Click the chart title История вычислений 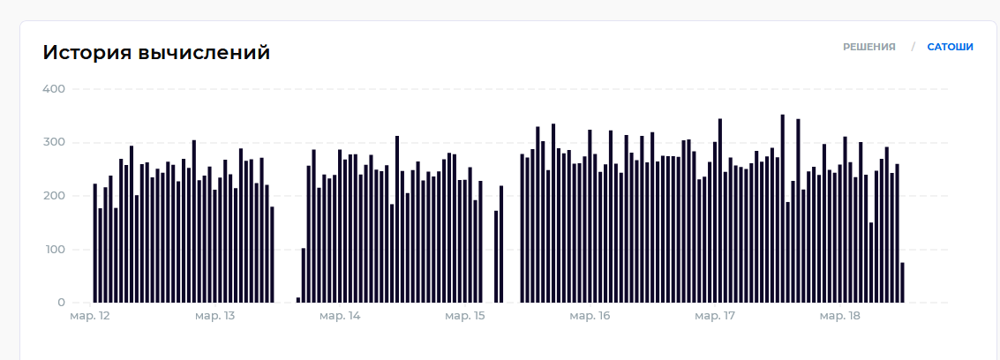pyautogui.click(x=156, y=53)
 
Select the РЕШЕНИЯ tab pyautogui.click(x=868, y=47)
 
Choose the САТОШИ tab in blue pyautogui.click(x=950, y=47)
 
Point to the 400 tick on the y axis pyautogui.click(x=54, y=89)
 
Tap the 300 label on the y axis pyautogui.click(x=54, y=142)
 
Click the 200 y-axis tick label pyautogui.click(x=54, y=196)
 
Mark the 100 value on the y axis pyautogui.click(x=54, y=250)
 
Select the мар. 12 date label pyautogui.click(x=89, y=316)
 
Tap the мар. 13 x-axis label pyautogui.click(x=214, y=316)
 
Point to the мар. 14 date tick pyautogui.click(x=340, y=316)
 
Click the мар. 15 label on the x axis pyautogui.click(x=465, y=316)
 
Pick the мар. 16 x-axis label pyautogui.click(x=590, y=316)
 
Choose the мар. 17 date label pyautogui.click(x=716, y=316)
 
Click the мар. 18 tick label pyautogui.click(x=840, y=316)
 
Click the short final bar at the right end pyautogui.click(x=902, y=282)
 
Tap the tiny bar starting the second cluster pyautogui.click(x=298, y=300)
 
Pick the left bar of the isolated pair pyautogui.click(x=496, y=257)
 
